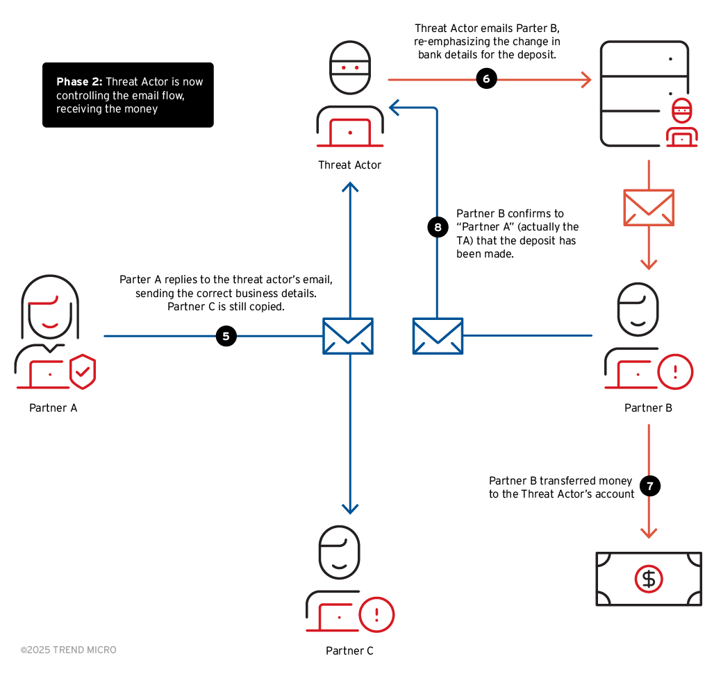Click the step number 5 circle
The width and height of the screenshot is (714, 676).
(x=226, y=336)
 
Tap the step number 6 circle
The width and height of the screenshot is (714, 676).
(x=486, y=79)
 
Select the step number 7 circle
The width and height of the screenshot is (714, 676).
(x=649, y=486)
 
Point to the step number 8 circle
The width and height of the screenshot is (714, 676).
(x=438, y=227)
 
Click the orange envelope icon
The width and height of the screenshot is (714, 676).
(x=649, y=208)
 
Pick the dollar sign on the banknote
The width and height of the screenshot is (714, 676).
(x=649, y=579)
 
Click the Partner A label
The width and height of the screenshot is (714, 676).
(x=53, y=408)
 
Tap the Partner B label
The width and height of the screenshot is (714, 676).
(x=648, y=408)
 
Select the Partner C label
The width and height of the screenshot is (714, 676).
(x=349, y=651)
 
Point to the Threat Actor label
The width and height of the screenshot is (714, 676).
(x=349, y=165)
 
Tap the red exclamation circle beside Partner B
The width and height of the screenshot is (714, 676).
(x=674, y=371)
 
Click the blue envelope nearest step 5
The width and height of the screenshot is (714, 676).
(x=348, y=336)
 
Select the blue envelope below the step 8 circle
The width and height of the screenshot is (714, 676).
(x=438, y=336)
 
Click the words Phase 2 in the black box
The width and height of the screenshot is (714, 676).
(x=78, y=82)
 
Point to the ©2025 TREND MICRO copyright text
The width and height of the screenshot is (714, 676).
(x=69, y=650)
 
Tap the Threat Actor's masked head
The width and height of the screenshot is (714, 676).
(x=349, y=68)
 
